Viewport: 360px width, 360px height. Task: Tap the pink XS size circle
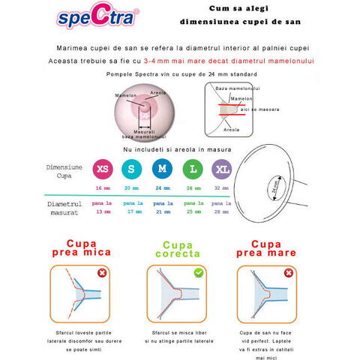103,167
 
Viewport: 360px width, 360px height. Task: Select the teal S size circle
132,167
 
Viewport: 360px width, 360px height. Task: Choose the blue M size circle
161,167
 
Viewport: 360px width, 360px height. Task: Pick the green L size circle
191,167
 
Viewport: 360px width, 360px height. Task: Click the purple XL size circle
220,167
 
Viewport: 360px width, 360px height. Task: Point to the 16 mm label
103,188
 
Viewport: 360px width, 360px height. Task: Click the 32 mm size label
220,188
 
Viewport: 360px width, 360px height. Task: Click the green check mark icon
199,273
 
